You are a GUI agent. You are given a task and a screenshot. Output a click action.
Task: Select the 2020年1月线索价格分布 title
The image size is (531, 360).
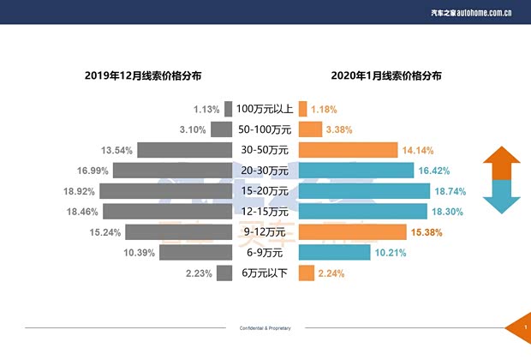click(x=386, y=75)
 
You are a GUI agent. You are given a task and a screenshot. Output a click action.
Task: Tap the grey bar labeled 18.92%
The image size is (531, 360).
click(x=171, y=190)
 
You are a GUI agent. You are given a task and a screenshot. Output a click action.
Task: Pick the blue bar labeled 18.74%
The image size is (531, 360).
click(x=363, y=190)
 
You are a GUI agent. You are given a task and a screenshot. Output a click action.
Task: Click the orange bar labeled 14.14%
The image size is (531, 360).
click(x=348, y=150)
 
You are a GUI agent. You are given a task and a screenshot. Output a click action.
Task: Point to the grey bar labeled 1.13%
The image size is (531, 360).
click(x=229, y=109)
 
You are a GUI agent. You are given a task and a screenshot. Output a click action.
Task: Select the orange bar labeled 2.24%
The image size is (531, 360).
click(x=305, y=273)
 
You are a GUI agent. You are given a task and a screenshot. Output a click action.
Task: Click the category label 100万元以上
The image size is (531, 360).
click(x=265, y=109)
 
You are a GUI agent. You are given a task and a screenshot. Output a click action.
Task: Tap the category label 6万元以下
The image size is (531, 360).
click(x=265, y=273)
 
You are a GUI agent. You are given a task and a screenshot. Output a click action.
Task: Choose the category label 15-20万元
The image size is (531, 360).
click(x=265, y=190)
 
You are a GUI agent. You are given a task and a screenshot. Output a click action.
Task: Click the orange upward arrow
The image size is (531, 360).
click(x=502, y=163)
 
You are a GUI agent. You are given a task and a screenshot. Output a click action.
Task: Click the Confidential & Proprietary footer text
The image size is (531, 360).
click(x=265, y=328)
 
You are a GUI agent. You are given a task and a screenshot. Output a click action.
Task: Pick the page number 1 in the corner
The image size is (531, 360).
click(x=523, y=327)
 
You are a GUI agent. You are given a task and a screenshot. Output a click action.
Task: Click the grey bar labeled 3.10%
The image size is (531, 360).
click(x=222, y=129)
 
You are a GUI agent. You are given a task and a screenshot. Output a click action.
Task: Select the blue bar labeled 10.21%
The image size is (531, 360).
click(x=334, y=252)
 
